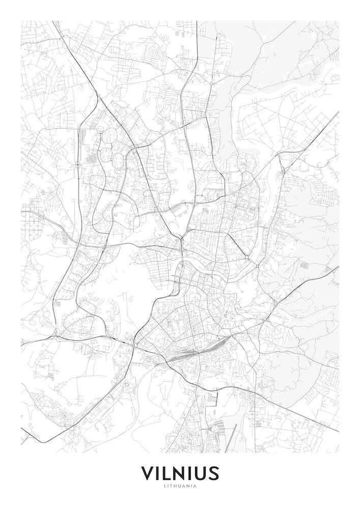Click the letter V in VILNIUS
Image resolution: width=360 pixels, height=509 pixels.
(148, 473)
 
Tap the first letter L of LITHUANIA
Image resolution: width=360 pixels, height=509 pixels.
(165, 486)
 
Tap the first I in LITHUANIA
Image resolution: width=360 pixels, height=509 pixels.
(169, 486)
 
